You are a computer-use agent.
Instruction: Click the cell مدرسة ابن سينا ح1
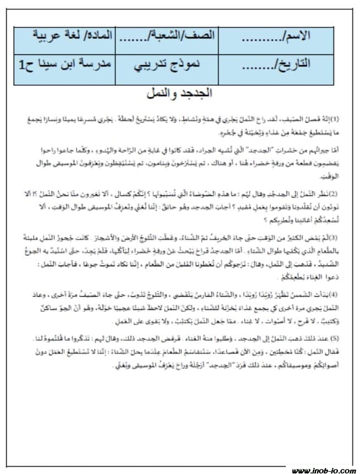coord(65,65)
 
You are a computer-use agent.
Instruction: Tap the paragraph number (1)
coord(336,118)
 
